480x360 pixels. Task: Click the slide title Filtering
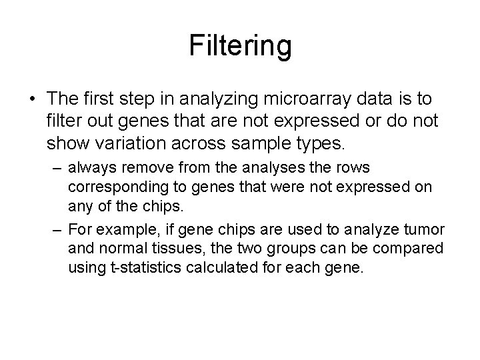[x=240, y=47]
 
